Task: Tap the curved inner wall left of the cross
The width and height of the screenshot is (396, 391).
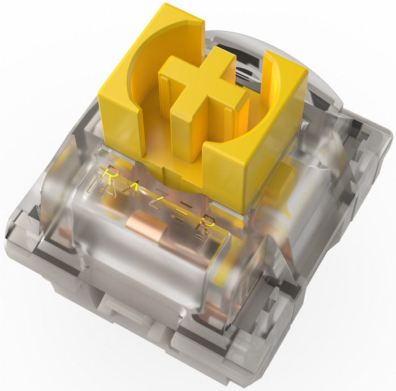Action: [141, 85]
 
